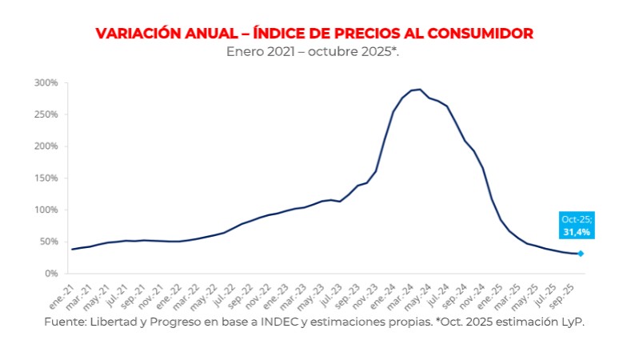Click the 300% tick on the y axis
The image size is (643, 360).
46,82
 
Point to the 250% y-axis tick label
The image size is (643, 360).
46,114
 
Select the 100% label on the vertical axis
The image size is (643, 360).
46,210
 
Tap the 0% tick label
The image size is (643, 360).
51,274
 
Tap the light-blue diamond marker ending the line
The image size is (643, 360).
581,254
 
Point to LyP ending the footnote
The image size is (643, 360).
573,321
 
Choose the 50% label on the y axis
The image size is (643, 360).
49,242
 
